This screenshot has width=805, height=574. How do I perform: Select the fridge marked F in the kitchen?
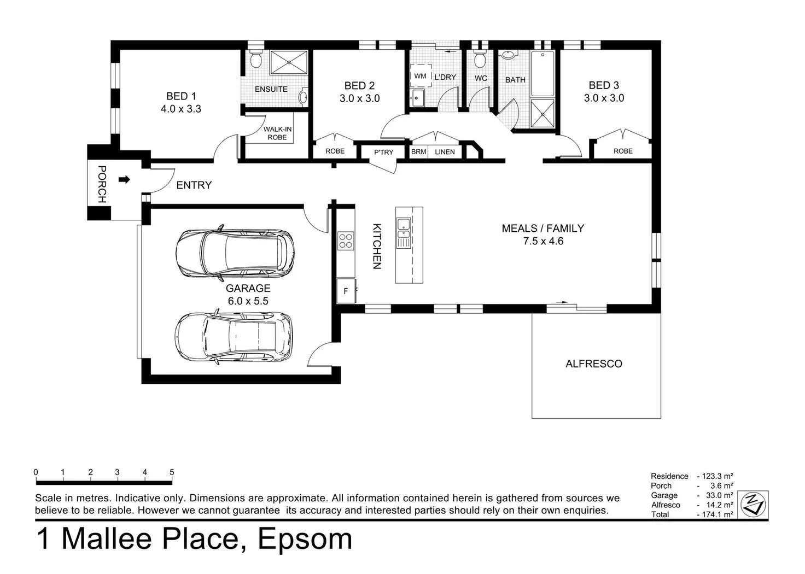[346, 291]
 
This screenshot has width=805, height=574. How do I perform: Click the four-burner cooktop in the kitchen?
[346, 241]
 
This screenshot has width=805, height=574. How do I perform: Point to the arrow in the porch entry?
[124, 179]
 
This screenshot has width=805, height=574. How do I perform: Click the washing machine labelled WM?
[421, 76]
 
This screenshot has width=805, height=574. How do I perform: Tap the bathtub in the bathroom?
[542, 74]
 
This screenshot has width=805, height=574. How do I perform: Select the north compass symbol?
[753, 505]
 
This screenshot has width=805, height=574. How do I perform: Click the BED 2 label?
[359, 85]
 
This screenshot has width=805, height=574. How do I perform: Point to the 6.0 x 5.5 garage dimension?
[248, 301]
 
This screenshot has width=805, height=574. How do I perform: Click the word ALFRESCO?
[594, 364]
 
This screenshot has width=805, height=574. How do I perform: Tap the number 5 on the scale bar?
[172, 472]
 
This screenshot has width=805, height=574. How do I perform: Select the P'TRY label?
[384, 153]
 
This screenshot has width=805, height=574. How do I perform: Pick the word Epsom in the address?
[305, 540]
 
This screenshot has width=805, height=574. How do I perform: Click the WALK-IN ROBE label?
[277, 133]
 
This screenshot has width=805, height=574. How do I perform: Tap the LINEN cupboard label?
[445, 152]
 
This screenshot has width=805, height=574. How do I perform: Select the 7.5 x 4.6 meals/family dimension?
[543, 241]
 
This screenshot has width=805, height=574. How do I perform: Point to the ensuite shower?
[289, 62]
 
